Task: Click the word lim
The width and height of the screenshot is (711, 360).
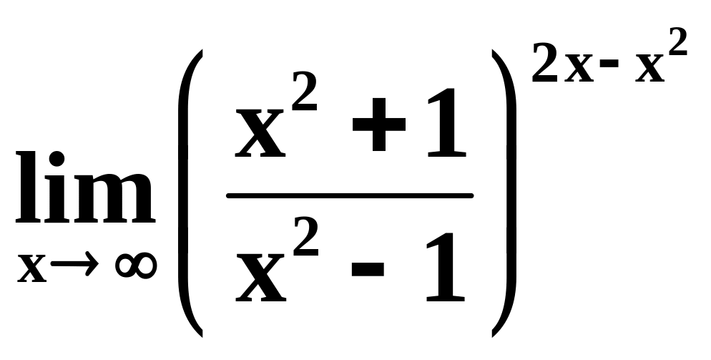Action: tap(85, 187)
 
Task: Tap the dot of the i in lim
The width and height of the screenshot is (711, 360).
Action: tap(57, 160)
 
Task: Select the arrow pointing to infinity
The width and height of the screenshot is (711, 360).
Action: tap(74, 263)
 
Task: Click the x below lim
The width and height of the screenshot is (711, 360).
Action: tap(31, 268)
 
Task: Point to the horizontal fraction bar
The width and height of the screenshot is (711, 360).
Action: tap(350, 195)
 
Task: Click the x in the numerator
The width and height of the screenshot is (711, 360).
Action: tap(260, 135)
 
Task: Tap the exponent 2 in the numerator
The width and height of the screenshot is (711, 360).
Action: tap(305, 91)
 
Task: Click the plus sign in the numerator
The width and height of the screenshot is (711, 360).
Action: tap(378, 125)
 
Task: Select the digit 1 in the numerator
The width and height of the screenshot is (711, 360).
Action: tap(447, 123)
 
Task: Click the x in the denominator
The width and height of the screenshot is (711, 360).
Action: tap(261, 279)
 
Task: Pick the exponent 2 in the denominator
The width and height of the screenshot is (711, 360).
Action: tap(305, 236)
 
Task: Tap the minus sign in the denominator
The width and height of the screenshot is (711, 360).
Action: tap(368, 269)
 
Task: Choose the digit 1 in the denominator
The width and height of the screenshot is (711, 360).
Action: tap(446, 267)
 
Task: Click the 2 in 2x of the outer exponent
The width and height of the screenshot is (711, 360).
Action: tap(544, 63)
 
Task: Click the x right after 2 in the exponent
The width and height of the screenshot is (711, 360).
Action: tap(579, 68)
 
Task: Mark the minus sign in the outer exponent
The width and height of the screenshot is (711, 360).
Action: tap(609, 63)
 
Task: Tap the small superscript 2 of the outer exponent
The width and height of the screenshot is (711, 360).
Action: tap(678, 42)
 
